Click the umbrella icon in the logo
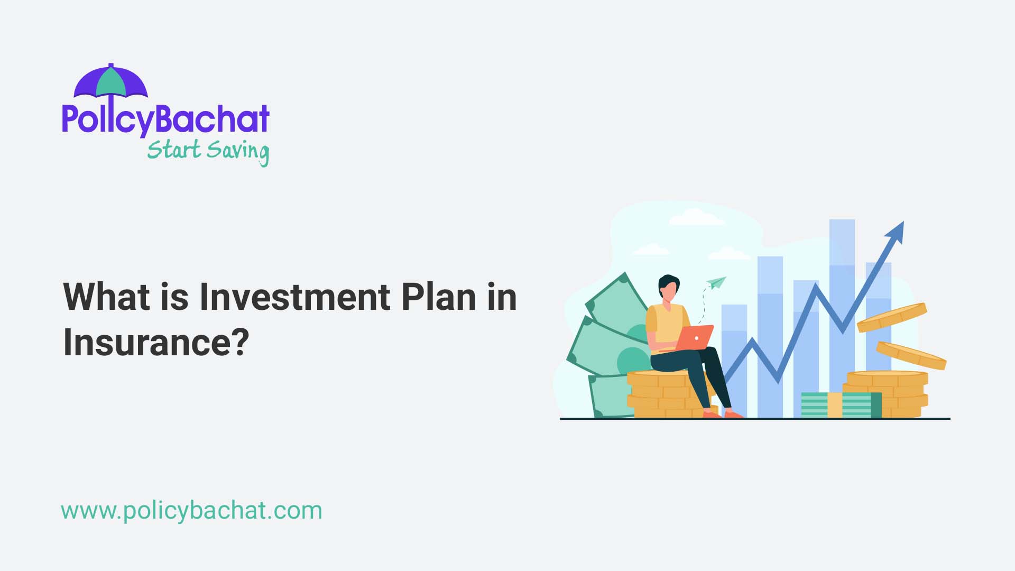coord(110,82)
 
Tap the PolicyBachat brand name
coord(165,118)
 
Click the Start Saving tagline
coord(208,151)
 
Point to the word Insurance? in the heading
coord(156,342)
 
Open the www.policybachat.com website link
coord(191,511)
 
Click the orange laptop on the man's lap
coord(695,338)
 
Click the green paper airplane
coord(716,283)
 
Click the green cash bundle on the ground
coord(841,405)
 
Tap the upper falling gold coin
coord(891,317)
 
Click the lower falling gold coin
coord(911,355)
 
